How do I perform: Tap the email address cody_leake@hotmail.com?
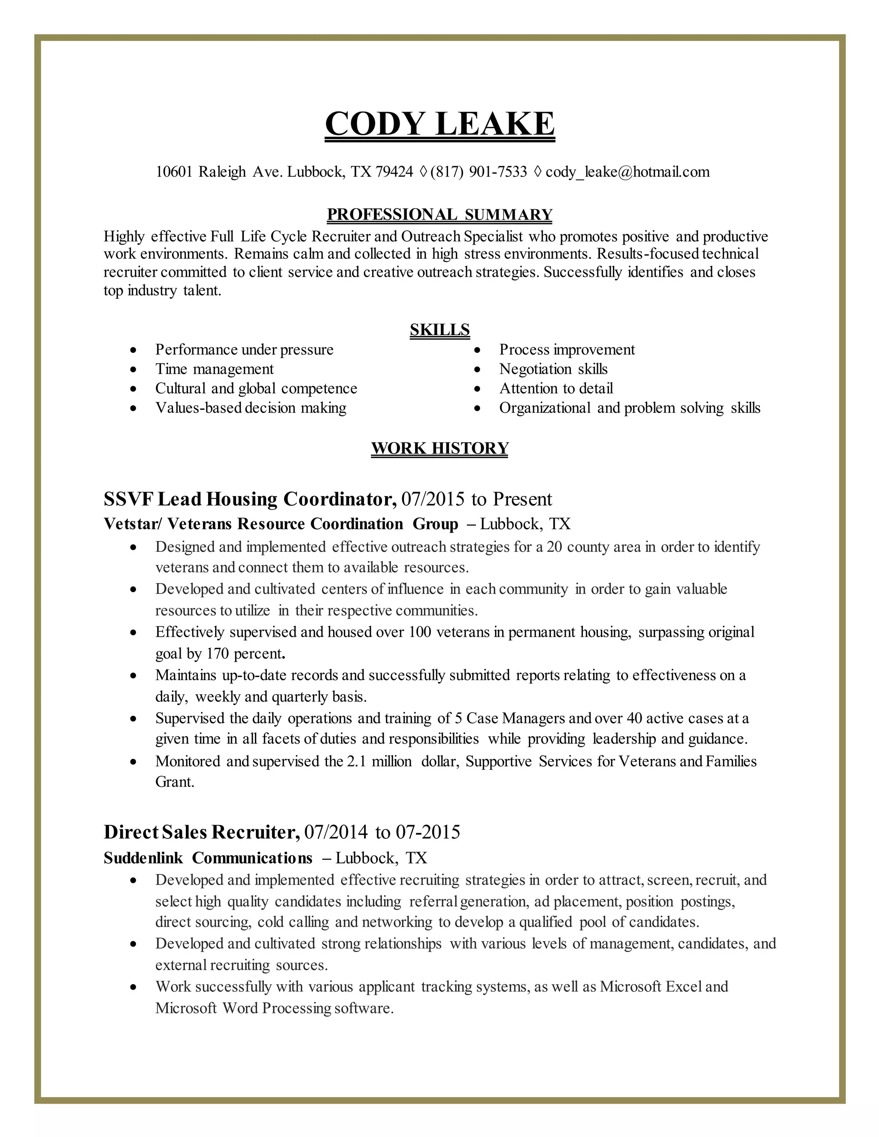point(627,172)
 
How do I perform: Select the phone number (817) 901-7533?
point(479,172)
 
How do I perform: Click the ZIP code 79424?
point(394,172)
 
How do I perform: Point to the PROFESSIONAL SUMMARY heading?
point(439,215)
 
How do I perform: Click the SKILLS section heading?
point(439,330)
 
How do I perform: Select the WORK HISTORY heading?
point(439,448)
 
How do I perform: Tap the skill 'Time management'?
point(214,369)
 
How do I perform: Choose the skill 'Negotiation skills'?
point(553,369)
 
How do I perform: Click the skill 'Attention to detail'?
point(556,388)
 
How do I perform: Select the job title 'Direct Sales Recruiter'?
point(202,832)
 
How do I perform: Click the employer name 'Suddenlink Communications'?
point(208,857)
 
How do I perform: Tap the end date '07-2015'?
point(427,832)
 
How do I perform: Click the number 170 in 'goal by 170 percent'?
point(218,653)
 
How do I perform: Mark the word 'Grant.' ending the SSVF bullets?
point(174,782)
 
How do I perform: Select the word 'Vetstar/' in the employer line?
point(133,524)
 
